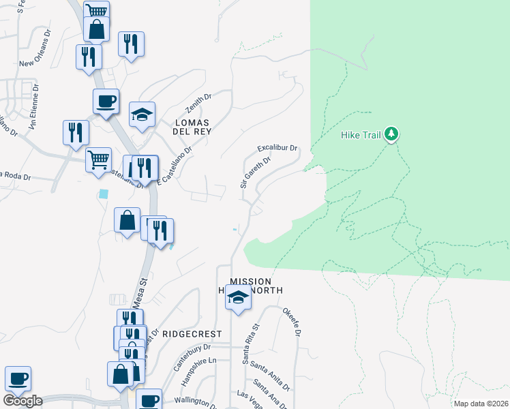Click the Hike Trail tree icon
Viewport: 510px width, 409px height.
[x=391, y=134]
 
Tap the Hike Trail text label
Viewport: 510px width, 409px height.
[x=361, y=135]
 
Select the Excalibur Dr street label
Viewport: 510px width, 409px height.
[x=277, y=148]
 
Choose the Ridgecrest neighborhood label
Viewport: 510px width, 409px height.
[x=192, y=334]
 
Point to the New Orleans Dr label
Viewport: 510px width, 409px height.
[x=35, y=63]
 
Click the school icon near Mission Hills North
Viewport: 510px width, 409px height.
[x=238, y=298]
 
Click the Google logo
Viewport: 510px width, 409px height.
[x=22, y=401]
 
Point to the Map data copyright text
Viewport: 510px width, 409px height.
[x=481, y=404]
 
